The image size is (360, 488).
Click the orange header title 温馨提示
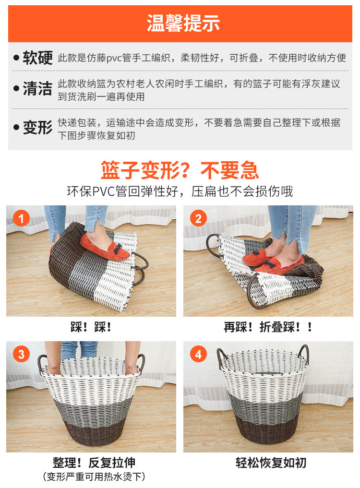[183, 23]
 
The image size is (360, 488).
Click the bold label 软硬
[38, 58]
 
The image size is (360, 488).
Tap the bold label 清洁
[38, 88]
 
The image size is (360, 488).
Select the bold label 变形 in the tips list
[38, 127]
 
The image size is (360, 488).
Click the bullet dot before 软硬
[16, 58]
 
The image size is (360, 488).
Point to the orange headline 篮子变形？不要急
[180, 170]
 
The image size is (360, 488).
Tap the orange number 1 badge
[21, 218]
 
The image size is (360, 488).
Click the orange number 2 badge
[198, 218]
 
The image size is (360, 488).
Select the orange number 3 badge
[21, 354]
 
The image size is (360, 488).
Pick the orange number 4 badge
[198, 354]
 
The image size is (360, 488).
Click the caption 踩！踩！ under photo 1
[91, 327]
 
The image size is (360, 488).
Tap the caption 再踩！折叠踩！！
[268, 327]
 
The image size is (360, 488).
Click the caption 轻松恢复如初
[271, 463]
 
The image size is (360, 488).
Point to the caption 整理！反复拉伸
[94, 463]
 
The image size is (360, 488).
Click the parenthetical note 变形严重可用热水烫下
[94, 476]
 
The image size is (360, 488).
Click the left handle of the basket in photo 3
[41, 364]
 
